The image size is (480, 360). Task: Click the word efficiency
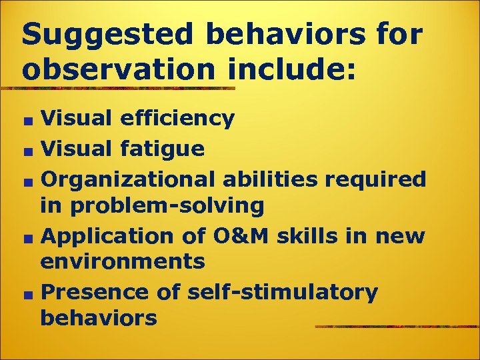177,119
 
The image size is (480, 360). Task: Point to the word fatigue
163,148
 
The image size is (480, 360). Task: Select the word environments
123,261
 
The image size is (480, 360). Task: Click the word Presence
95,292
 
